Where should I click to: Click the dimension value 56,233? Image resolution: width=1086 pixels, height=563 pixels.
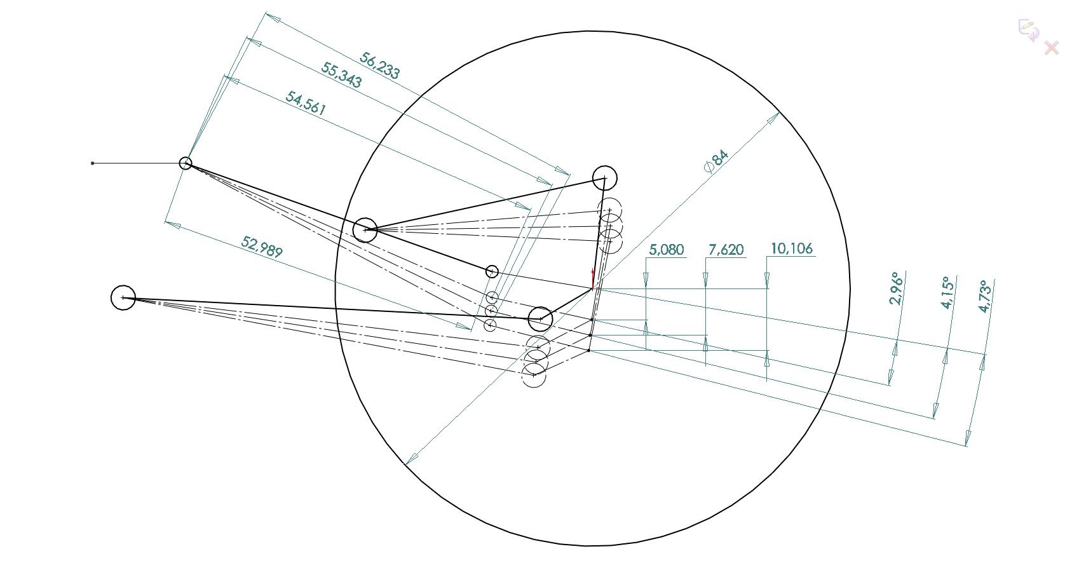point(379,65)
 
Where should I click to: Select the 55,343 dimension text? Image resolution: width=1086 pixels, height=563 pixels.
point(341,75)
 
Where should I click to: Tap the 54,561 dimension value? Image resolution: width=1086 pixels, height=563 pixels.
point(306,103)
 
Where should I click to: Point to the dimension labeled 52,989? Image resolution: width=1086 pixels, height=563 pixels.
point(262,247)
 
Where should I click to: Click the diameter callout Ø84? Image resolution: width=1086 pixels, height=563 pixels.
point(716,161)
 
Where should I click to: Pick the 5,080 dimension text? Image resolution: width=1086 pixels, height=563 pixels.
point(666,250)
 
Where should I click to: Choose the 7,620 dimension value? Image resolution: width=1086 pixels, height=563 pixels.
point(726,250)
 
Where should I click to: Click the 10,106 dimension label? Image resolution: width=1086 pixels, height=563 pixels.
point(792,248)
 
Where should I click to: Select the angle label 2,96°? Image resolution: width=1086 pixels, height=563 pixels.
point(897,288)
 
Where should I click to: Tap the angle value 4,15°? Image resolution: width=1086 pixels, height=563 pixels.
point(947,293)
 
